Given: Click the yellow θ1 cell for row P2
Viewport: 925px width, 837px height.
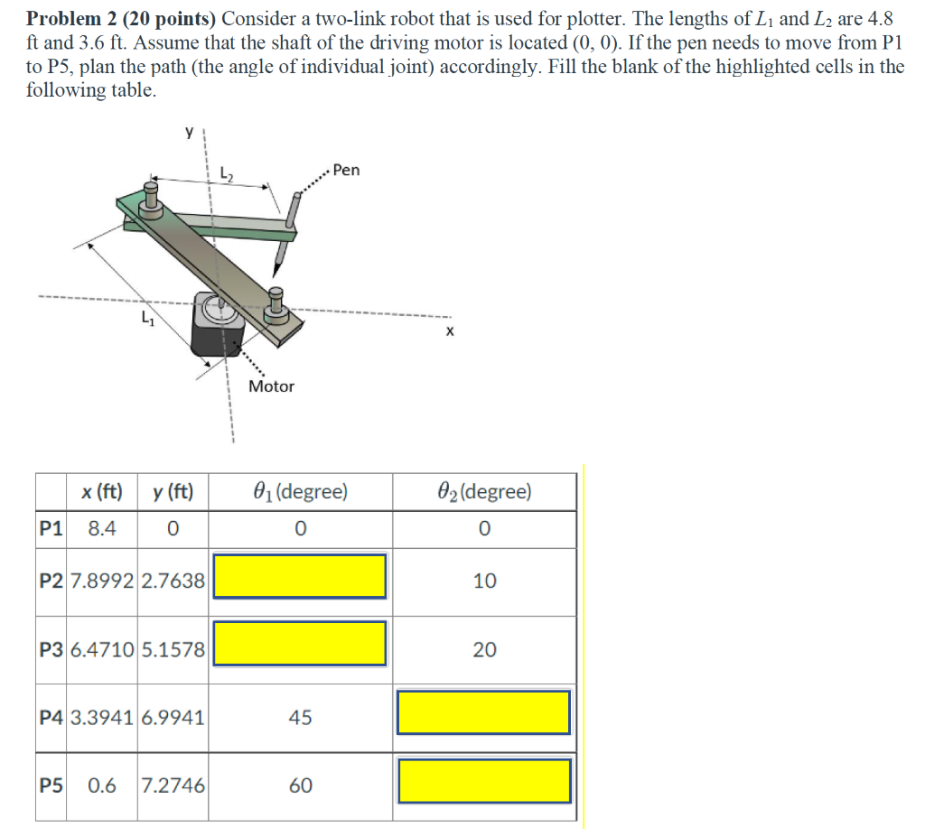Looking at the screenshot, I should click(300, 576).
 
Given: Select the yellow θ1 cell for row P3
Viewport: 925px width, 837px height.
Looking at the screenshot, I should click(300, 644).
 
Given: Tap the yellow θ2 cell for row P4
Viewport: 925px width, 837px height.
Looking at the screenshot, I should click(484, 712).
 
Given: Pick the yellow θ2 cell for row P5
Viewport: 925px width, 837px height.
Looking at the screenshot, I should click(484, 781).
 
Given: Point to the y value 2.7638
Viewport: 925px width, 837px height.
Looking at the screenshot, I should click(173, 581).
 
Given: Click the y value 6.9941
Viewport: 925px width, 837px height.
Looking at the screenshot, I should click(173, 718).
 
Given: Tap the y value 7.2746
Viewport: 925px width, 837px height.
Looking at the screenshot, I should click(173, 786).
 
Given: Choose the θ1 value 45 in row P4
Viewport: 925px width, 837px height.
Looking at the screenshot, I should click(300, 718).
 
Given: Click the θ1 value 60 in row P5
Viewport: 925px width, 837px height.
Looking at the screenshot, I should click(300, 786).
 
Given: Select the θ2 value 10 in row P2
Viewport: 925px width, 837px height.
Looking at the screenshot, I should click(484, 581).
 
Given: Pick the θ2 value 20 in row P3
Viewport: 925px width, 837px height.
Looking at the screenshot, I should click(484, 649).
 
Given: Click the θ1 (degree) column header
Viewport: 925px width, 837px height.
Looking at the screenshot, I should click(300, 492).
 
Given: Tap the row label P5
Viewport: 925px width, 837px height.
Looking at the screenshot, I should click(51, 786).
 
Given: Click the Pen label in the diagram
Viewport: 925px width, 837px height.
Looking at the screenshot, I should click(346, 170).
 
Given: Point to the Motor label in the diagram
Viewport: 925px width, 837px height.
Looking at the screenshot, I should click(271, 386).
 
